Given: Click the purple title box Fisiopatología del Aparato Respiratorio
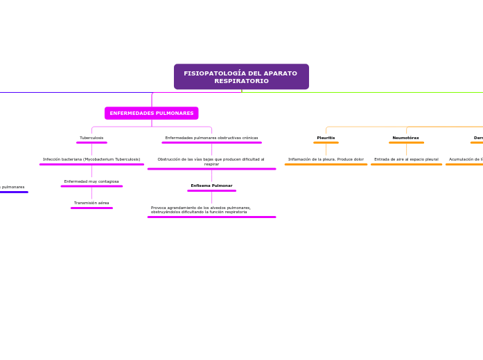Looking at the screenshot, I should coord(241,77).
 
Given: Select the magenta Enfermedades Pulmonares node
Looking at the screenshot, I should coord(151,113).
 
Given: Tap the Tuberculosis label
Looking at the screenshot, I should coord(91,138).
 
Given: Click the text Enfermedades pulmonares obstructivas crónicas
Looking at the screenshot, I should coord(211,138).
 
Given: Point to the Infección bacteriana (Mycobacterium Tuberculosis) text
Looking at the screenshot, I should coord(91,159).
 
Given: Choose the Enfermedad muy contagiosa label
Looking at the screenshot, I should coord(91,181).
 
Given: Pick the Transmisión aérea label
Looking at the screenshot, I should coord(91,203).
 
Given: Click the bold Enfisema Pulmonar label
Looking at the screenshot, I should coord(211,186).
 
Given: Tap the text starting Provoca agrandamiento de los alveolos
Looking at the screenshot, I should coord(201,209).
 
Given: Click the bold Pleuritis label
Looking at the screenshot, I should coord(326,138).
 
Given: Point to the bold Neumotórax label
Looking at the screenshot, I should coord(406,138).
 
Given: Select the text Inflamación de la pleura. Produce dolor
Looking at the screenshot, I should coord(326,159).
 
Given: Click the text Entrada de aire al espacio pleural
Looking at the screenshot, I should coord(406,159).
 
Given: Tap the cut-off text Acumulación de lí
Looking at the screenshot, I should coord(466,159).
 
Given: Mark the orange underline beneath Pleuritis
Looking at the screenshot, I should coord(326,143).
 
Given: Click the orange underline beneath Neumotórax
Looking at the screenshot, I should coord(406,143).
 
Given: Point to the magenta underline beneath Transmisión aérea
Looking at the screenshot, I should coord(91,208).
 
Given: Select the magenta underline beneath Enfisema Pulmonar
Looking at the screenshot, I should coord(211,190).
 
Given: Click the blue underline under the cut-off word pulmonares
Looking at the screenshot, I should coord(14,192).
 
